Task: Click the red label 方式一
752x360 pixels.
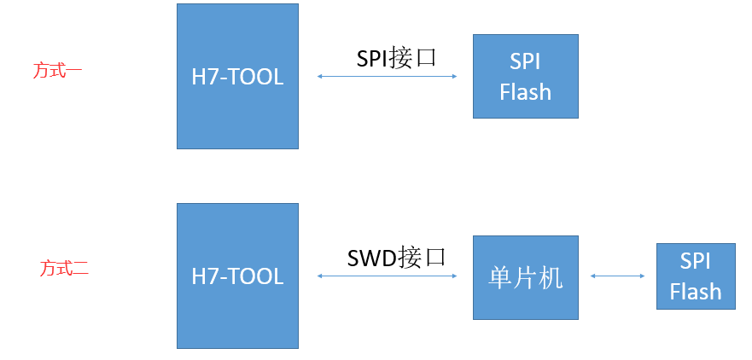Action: [58, 70]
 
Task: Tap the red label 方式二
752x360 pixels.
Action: [64, 269]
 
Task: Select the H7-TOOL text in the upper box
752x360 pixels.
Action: [237, 77]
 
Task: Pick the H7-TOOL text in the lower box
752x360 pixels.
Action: [237, 276]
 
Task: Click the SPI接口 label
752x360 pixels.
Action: [396, 58]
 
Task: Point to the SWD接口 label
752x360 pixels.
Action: [397, 258]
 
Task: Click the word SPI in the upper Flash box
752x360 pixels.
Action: [525, 61]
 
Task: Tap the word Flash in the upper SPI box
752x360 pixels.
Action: [525, 91]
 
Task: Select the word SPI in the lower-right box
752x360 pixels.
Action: [695, 261]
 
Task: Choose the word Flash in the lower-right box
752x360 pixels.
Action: [695, 292]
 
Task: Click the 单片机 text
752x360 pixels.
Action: [526, 276]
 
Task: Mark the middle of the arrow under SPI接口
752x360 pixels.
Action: [388, 77]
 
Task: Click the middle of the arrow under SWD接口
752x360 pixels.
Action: [388, 276]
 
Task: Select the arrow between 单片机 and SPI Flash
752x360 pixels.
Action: [617, 276]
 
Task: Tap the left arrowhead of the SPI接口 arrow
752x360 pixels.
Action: [319, 77]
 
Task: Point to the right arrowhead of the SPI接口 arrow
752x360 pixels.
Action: [456, 77]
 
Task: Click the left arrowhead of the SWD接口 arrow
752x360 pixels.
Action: [319, 276]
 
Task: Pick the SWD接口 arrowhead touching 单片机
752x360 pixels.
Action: [456, 276]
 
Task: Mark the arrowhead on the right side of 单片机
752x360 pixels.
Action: [592, 276]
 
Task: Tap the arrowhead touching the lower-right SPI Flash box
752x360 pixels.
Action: [643, 276]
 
